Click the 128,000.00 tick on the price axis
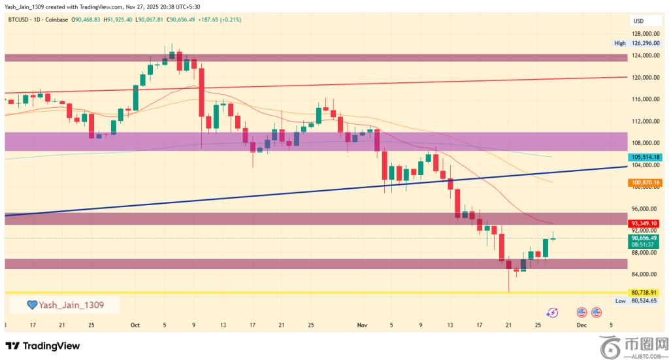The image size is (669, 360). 644,33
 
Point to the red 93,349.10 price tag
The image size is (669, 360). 644,223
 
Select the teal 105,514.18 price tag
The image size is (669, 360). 644,157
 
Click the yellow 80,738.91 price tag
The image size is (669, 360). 644,292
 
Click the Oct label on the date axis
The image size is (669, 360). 135,325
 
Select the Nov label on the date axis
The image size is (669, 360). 363,325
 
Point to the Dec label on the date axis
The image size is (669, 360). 581,325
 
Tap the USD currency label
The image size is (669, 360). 638,21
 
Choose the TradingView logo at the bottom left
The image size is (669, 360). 43,346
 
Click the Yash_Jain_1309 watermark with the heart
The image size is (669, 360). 65,304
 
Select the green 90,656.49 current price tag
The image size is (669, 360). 644,241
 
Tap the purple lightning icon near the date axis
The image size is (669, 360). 552,313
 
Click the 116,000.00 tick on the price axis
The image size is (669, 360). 644,99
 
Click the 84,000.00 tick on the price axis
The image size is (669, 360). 644,274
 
